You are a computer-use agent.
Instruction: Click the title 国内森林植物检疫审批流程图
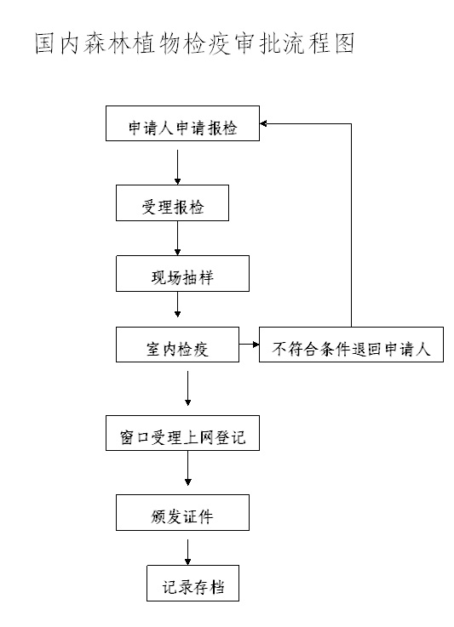click(x=194, y=43)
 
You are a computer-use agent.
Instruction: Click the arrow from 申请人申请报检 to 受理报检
click(x=177, y=167)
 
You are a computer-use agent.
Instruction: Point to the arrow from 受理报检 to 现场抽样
click(x=177, y=238)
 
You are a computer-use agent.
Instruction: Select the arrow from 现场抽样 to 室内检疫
click(x=177, y=305)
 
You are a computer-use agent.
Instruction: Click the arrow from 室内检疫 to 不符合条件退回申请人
click(x=249, y=344)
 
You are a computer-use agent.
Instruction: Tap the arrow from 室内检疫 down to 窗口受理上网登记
click(x=187, y=388)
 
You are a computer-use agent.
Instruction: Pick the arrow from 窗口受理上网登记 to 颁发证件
click(x=187, y=468)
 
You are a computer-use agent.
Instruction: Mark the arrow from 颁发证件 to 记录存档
click(x=187, y=552)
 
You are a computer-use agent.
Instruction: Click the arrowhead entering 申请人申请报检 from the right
click(x=263, y=124)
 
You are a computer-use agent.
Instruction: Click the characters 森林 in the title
click(x=107, y=43)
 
